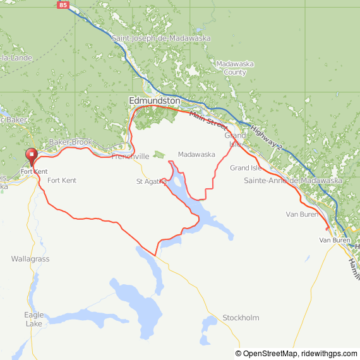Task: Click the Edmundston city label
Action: pos(154,100)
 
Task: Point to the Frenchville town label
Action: pos(130,156)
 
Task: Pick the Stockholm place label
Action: pos(240,318)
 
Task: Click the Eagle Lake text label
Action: pos(34,319)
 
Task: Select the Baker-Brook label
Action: pos(66,143)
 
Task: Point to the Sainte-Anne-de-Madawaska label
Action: pos(292,181)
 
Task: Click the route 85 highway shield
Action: pos(62,5)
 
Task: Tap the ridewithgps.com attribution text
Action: pos(328,354)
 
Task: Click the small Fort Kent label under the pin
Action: pos(33,172)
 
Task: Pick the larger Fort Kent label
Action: pos(62,181)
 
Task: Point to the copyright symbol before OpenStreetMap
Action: pos(239,354)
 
